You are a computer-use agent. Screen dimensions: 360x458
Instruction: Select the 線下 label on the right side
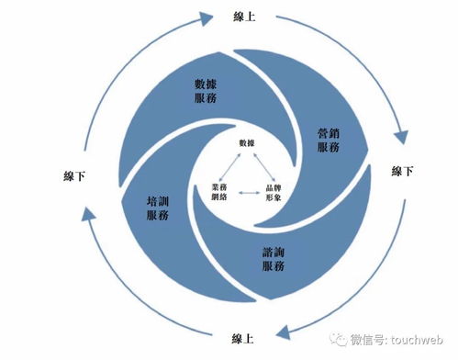[403, 172]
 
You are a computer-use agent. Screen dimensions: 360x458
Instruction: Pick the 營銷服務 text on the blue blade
[330, 141]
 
